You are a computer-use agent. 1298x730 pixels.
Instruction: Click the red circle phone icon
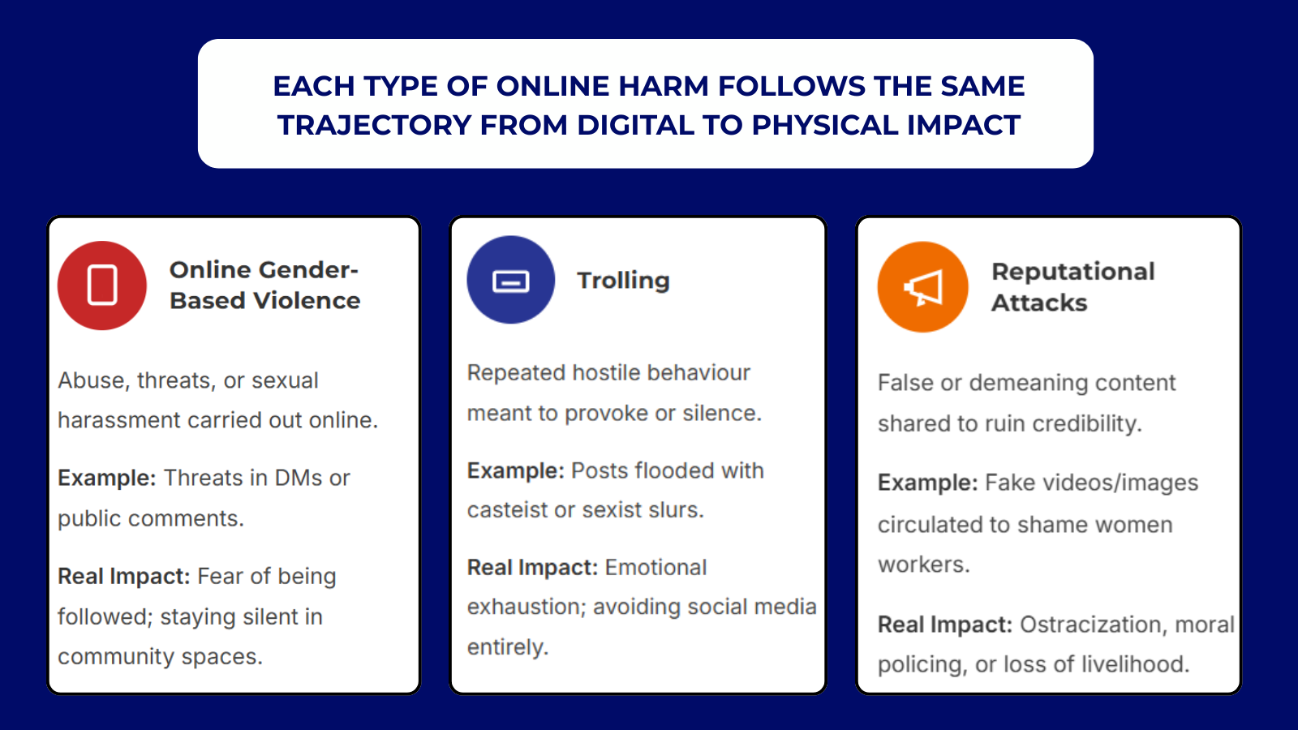pos(102,286)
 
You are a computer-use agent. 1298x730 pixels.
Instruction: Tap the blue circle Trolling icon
pos(510,280)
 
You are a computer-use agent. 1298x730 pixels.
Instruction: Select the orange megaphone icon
pos(922,287)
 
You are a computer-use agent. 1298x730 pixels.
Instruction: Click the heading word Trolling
pos(624,281)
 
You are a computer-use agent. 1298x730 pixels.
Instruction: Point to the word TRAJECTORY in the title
pos(374,125)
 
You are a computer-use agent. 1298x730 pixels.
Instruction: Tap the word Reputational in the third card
pos(1073,272)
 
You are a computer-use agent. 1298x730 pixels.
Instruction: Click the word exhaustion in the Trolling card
pos(527,607)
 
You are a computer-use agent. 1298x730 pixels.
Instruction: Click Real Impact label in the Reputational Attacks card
pos(945,625)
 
